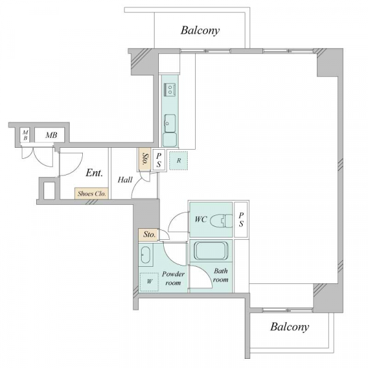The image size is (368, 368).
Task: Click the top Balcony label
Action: pyautogui.click(x=200, y=31)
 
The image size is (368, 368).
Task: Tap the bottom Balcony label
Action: pyautogui.click(x=289, y=327)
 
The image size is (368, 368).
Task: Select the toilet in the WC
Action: pyautogui.click(x=221, y=221)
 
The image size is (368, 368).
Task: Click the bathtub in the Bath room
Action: pyautogui.click(x=211, y=251)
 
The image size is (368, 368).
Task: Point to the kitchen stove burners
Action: pyautogui.click(x=170, y=90)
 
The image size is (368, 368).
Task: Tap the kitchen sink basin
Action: pyautogui.click(x=170, y=123)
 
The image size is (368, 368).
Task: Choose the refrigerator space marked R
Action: pyautogui.click(x=178, y=161)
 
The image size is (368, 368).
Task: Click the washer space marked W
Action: pyautogui.click(x=149, y=282)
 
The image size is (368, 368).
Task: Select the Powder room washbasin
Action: pyautogui.click(x=145, y=255)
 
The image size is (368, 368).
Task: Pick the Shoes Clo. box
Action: pyautogui.click(x=91, y=194)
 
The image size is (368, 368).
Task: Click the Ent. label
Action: pyautogui.click(x=94, y=173)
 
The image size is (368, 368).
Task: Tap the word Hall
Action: pyautogui.click(x=125, y=180)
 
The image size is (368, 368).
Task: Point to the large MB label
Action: pyautogui.click(x=51, y=135)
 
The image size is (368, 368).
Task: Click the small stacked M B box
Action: pyautogui.click(x=25, y=135)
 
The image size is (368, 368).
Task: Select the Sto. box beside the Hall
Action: pyautogui.click(x=145, y=159)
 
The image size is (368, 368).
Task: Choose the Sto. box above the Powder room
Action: pyautogui.click(x=149, y=235)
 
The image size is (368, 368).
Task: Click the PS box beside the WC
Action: pyautogui.click(x=241, y=220)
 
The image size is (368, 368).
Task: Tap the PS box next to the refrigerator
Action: pyautogui.click(x=159, y=160)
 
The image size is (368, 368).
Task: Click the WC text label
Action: pyautogui.click(x=201, y=220)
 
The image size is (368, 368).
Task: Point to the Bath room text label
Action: pyautogui.click(x=220, y=275)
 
